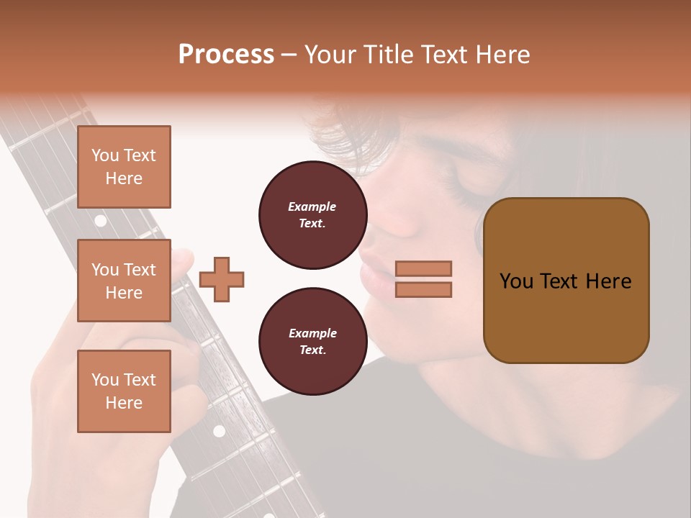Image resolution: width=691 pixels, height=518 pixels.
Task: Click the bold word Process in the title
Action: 226,55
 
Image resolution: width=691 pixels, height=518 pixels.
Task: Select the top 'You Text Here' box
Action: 124,167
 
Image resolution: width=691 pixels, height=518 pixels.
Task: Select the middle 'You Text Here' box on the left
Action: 124,281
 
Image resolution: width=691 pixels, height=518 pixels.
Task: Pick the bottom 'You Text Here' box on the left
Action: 124,391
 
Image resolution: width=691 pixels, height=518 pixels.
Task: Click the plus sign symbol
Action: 222,278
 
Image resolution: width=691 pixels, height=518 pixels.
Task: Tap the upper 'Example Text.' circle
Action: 312,215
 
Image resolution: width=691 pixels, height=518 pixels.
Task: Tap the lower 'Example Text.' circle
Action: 312,342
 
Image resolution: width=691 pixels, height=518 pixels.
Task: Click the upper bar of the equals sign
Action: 423,268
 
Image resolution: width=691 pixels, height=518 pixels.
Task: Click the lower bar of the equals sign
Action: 423,289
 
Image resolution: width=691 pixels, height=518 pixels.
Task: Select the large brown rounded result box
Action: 566,281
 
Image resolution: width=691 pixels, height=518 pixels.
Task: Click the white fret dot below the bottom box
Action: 219,431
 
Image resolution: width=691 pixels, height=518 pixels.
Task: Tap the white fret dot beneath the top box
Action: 101,221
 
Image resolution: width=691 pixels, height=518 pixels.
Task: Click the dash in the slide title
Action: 289,55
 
